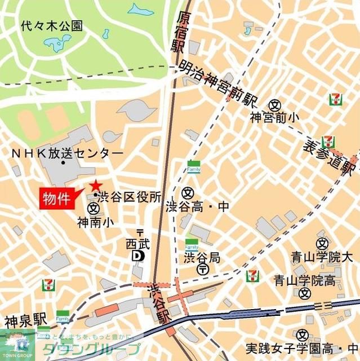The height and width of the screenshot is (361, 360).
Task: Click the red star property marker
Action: (x=95, y=185)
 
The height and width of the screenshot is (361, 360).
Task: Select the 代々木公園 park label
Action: (x=51, y=25)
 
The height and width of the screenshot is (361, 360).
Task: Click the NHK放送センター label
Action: (x=67, y=153)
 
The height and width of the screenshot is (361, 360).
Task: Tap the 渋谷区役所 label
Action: (x=129, y=197)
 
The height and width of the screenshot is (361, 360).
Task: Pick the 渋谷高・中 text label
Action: (x=197, y=208)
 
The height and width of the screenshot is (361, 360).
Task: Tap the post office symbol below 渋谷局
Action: (x=202, y=270)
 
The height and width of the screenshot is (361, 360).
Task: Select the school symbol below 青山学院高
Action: (x=305, y=293)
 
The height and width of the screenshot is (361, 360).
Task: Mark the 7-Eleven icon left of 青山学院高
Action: (x=253, y=276)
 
